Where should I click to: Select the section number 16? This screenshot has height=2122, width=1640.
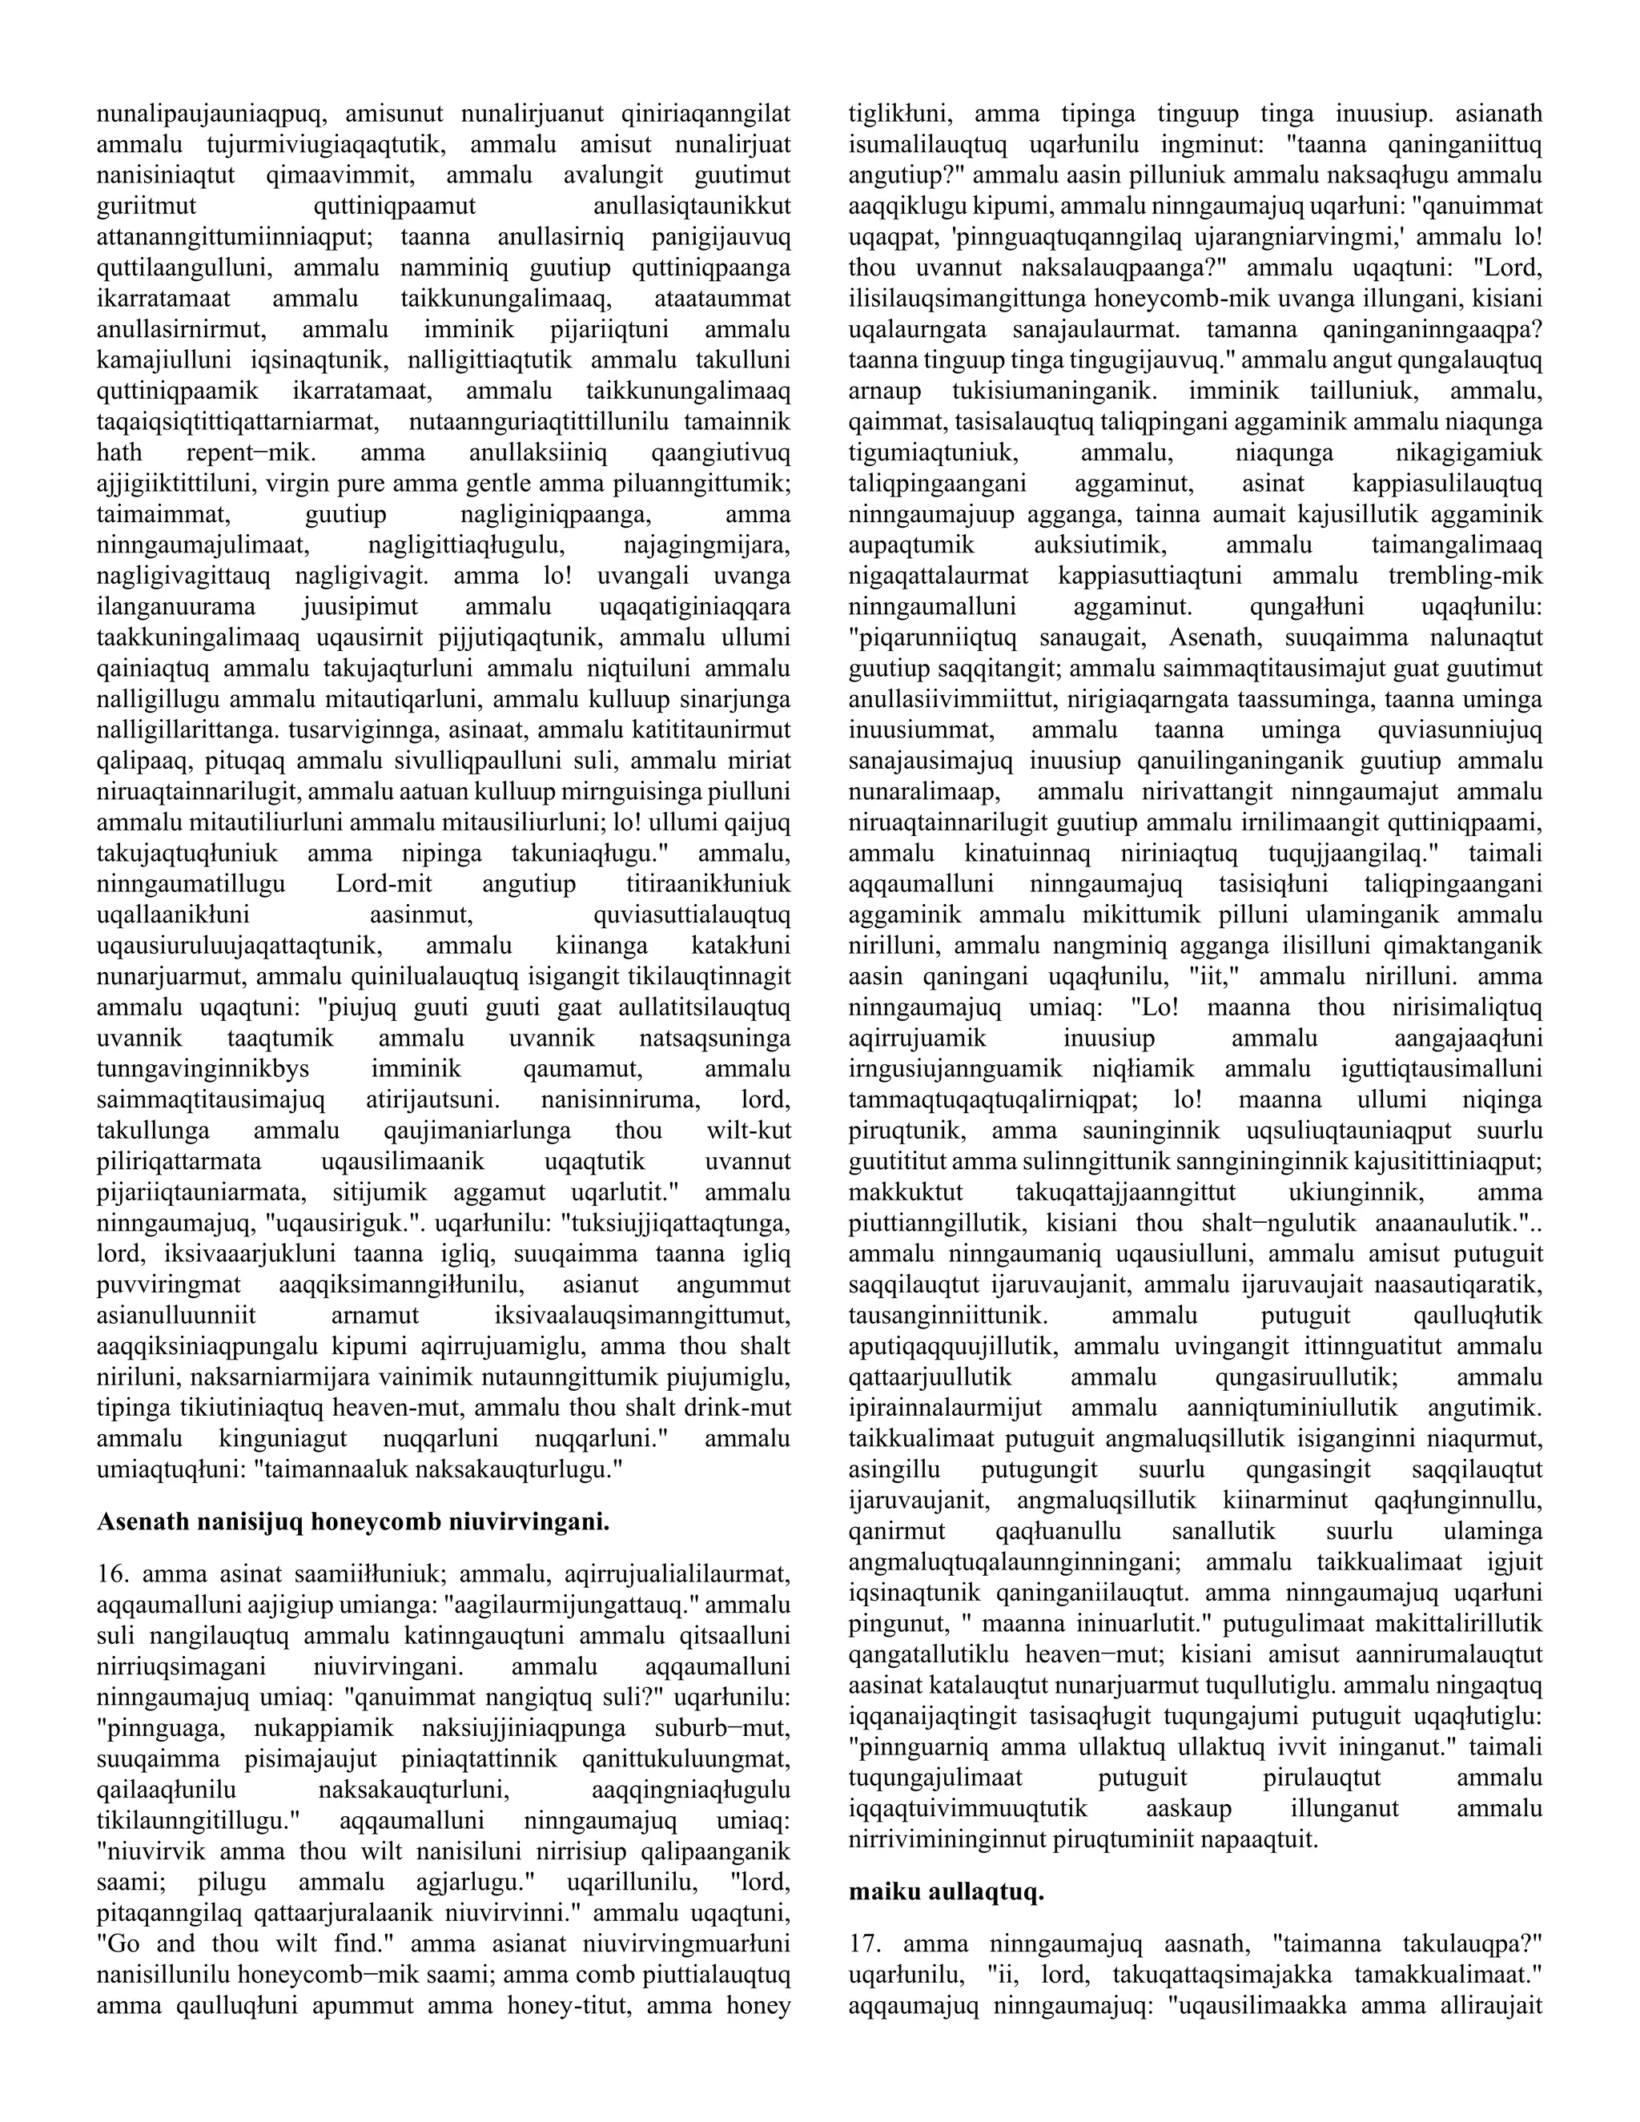[112, 1572]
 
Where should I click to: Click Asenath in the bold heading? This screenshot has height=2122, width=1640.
[141, 1521]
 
